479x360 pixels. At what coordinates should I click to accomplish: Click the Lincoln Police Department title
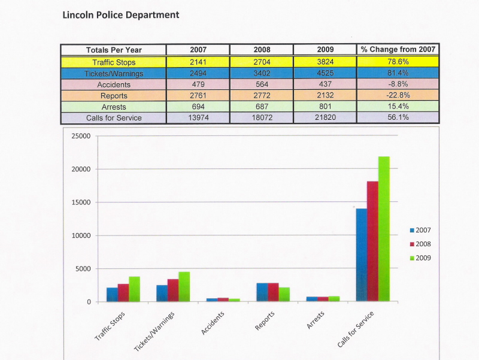click(120, 14)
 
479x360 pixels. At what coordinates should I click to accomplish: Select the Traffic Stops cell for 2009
click(325, 62)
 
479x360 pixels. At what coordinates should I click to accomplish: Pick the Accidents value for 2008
click(262, 84)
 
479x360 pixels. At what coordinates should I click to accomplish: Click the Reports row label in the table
click(114, 96)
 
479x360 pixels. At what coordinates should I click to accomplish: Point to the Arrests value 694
click(198, 107)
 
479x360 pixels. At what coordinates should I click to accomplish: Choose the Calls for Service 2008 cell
click(262, 118)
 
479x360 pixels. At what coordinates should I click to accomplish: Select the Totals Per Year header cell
click(114, 50)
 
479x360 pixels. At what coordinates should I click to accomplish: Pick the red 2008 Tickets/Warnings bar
click(172, 291)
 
